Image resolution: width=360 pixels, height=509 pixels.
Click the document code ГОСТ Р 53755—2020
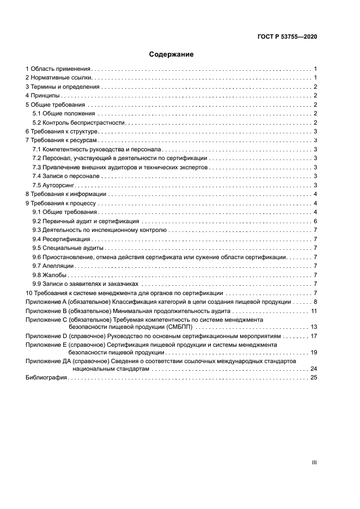click(286, 37)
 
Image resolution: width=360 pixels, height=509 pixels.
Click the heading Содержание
click(171, 54)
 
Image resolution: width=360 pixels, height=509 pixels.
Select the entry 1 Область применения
click(58, 69)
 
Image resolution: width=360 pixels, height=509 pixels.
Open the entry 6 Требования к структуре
click(62, 131)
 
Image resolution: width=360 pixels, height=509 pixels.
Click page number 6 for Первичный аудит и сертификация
click(315, 221)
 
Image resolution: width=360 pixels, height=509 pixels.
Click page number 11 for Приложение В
click(314, 310)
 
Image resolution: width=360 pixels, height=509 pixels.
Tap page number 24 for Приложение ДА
click(313, 369)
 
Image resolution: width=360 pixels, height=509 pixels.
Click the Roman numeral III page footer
click(314, 462)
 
